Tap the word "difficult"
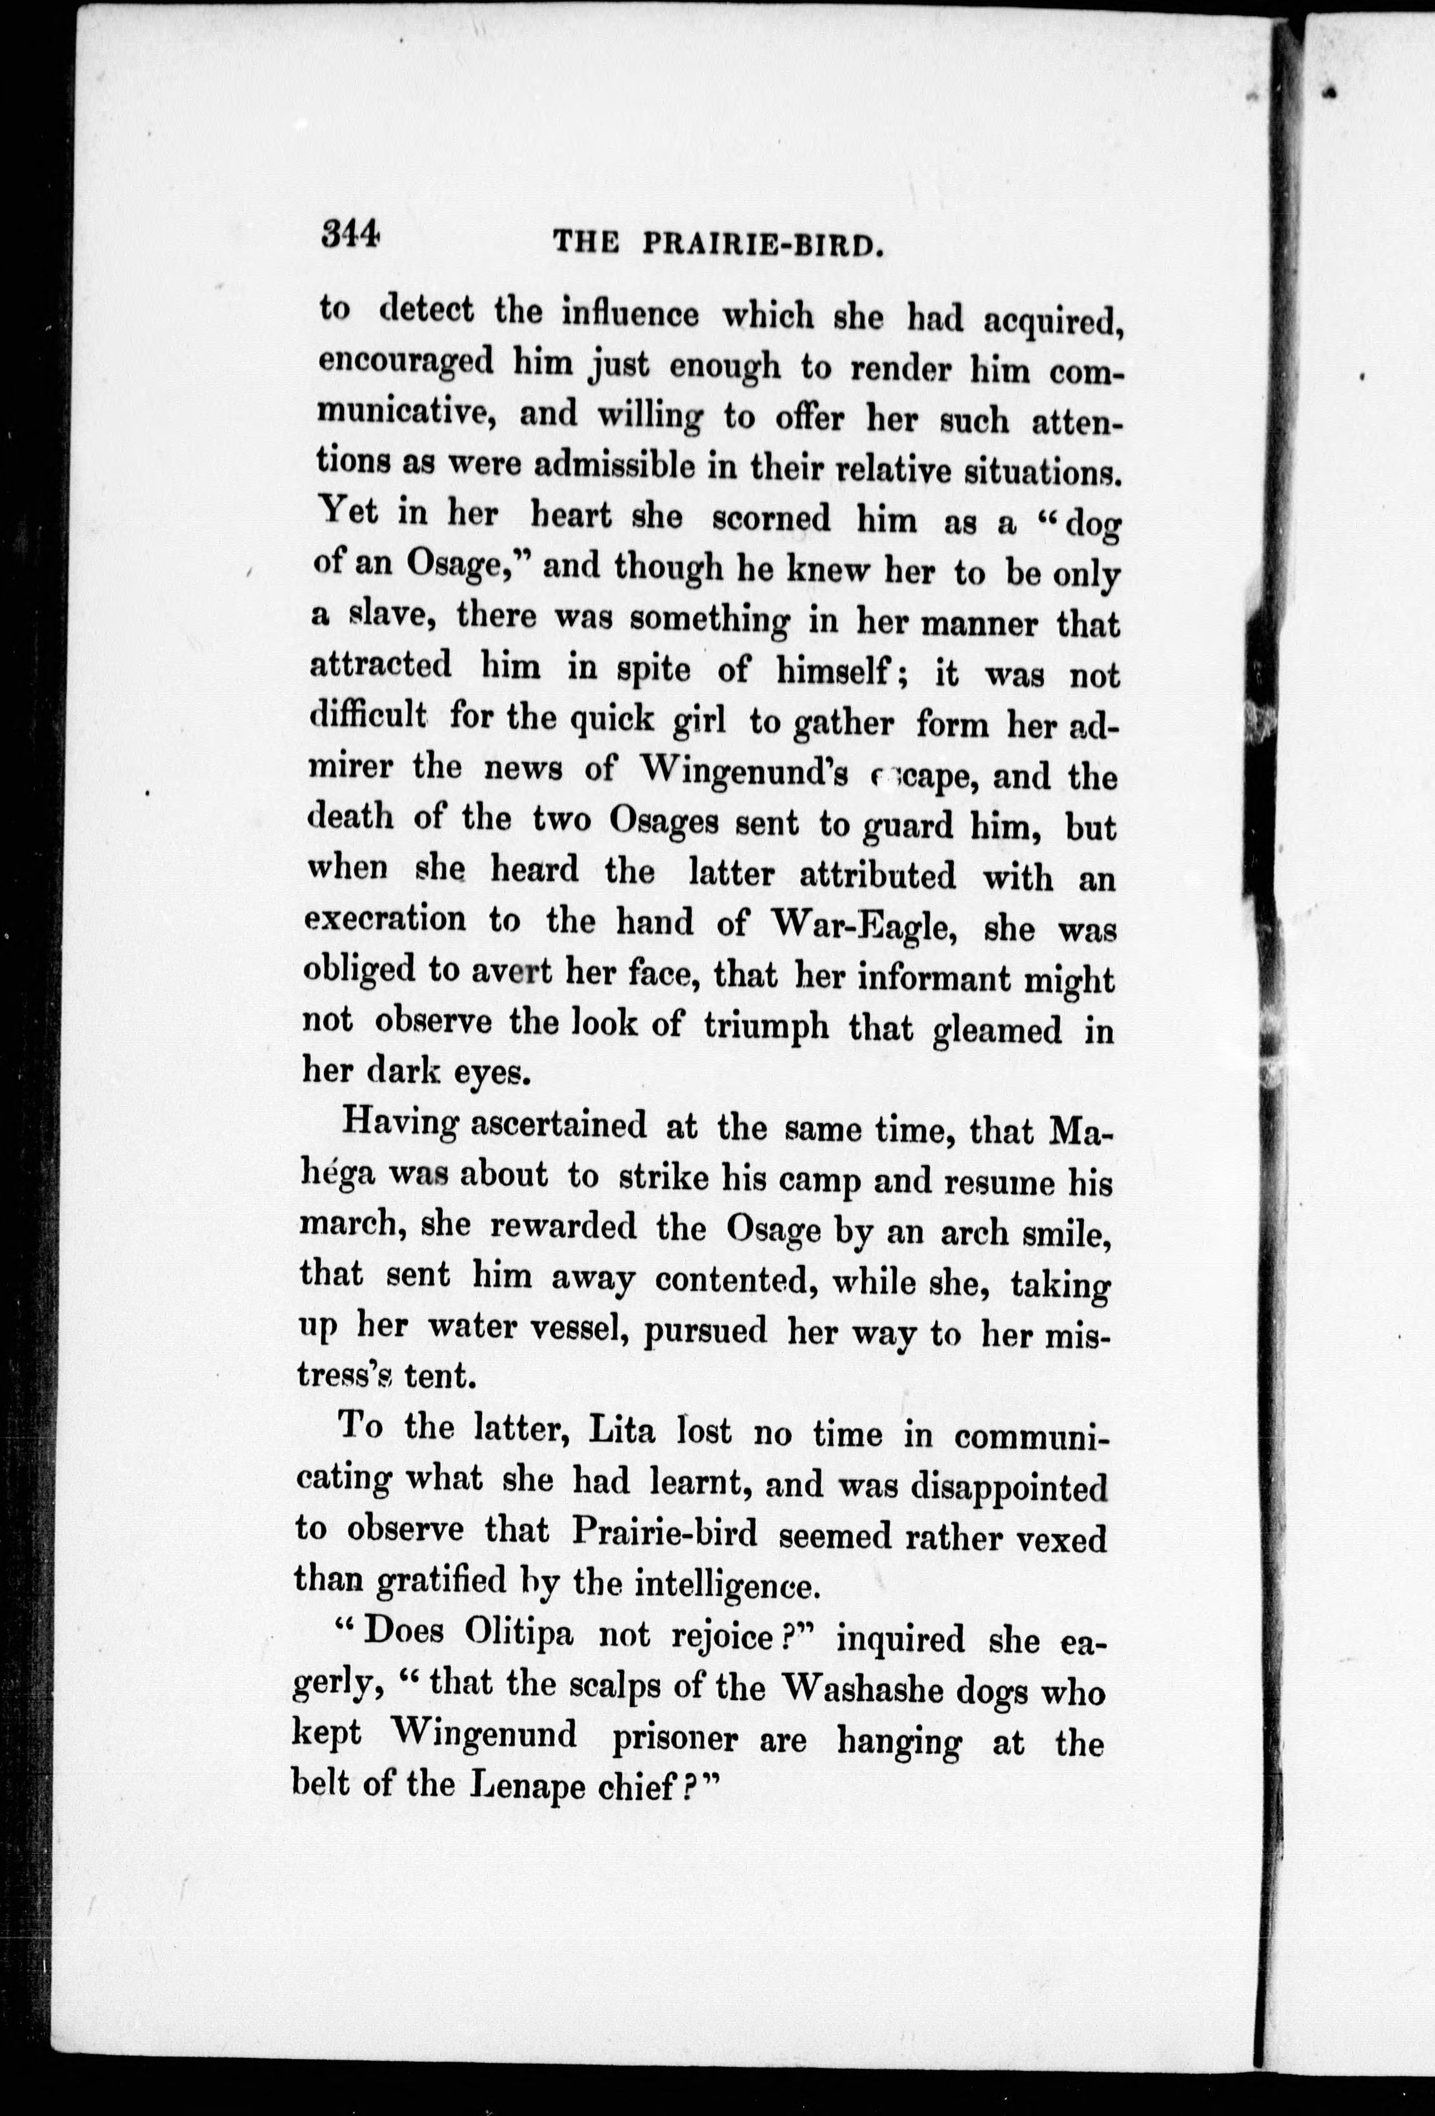pyautogui.click(x=368, y=715)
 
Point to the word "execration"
pyautogui.click(x=385, y=921)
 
